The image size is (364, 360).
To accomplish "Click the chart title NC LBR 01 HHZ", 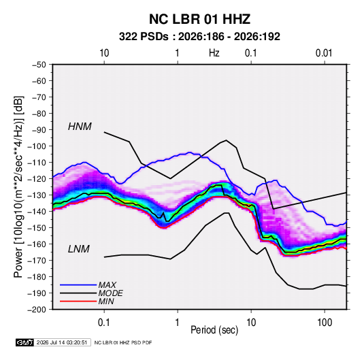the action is pos(199,19).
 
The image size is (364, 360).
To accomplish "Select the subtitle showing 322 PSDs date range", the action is pos(199,37).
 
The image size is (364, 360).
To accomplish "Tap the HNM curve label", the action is pos(80,127).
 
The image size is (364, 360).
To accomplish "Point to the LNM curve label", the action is pos(79,249).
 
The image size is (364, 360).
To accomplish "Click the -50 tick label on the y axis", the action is pos(39,65).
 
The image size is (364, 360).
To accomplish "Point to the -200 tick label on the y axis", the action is pos(37,310).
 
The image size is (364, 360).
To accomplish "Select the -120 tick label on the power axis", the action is pos(37,179).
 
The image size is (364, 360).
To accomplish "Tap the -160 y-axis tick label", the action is pos(37,244).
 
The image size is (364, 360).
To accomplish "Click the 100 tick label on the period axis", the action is pos(325,323).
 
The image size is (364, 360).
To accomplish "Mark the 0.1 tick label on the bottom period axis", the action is pos(104,323).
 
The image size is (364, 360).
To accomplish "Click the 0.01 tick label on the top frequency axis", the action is pos(324,53).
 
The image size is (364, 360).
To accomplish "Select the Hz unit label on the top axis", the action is pos(214,53).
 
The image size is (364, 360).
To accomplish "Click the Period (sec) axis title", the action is pos(214,330).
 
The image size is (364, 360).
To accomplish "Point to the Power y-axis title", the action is pos(18,187).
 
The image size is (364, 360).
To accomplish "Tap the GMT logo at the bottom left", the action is pos(25,342).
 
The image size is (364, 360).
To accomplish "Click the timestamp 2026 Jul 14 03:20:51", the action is pos(62,342).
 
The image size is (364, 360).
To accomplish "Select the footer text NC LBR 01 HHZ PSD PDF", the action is pos(123,342).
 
